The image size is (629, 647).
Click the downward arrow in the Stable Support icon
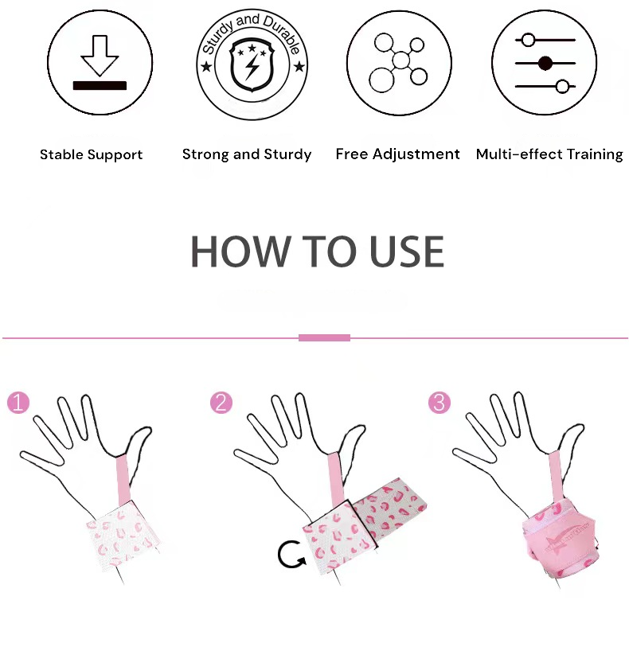(x=100, y=57)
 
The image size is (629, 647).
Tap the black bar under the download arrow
(x=100, y=85)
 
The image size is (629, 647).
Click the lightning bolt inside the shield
(x=252, y=66)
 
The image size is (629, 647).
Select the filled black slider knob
(x=545, y=64)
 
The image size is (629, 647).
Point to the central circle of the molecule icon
(x=400, y=60)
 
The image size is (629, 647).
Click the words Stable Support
(x=92, y=154)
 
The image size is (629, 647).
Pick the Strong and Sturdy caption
(x=247, y=154)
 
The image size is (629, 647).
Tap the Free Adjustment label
(x=397, y=154)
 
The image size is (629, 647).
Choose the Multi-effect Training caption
(x=549, y=154)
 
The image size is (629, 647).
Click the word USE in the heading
(x=407, y=251)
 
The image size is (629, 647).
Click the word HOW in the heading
(x=240, y=251)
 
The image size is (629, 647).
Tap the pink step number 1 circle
(x=18, y=403)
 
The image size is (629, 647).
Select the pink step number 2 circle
(x=221, y=403)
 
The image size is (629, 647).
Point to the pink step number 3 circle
(x=440, y=403)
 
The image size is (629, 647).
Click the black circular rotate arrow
(x=291, y=554)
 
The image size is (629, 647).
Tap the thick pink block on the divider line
(x=324, y=338)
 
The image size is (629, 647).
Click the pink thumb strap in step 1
(x=123, y=479)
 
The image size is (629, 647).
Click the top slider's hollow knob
(x=529, y=40)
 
